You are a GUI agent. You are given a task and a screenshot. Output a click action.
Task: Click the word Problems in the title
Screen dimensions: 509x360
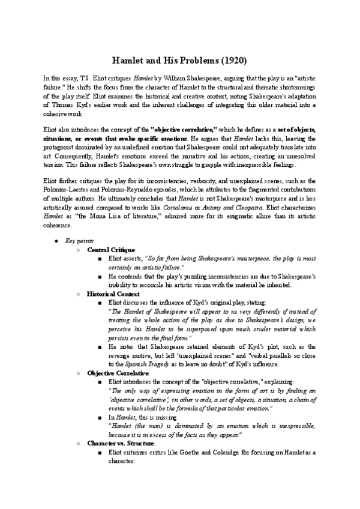pyautogui.click(x=193, y=61)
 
